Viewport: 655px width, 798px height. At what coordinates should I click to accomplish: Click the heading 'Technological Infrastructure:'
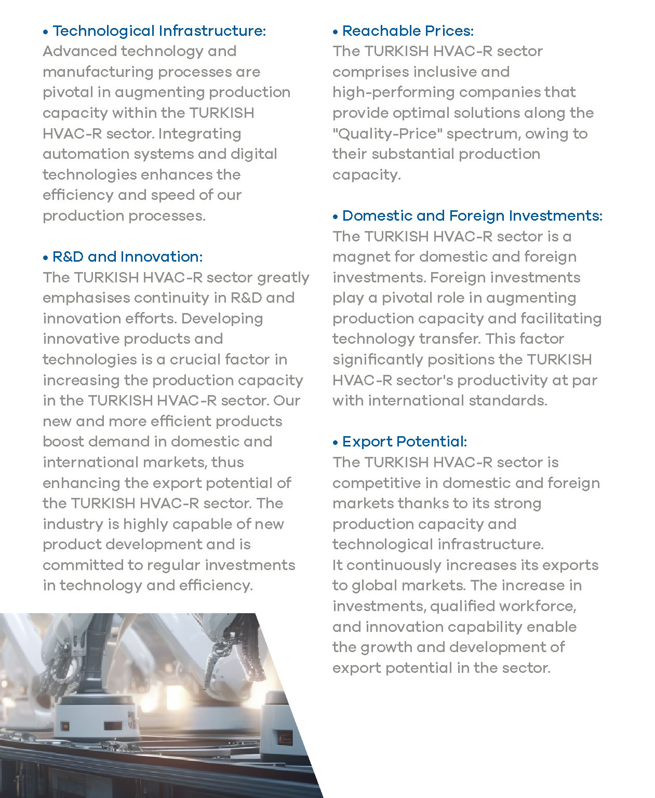point(159,31)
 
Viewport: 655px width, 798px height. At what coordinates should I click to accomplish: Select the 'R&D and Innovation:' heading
point(127,257)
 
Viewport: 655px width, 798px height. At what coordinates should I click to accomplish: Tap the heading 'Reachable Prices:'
point(408,31)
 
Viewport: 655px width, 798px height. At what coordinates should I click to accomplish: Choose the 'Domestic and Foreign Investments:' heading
point(472,216)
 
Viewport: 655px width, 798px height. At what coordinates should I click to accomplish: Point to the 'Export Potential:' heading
point(405,442)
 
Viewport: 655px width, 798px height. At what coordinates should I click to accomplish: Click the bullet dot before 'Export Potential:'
point(336,443)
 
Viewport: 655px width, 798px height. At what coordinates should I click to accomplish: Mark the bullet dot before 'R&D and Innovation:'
point(46,258)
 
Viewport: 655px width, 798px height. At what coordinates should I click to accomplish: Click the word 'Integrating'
point(199,134)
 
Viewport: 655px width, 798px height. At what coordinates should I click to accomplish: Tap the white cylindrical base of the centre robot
point(99,716)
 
